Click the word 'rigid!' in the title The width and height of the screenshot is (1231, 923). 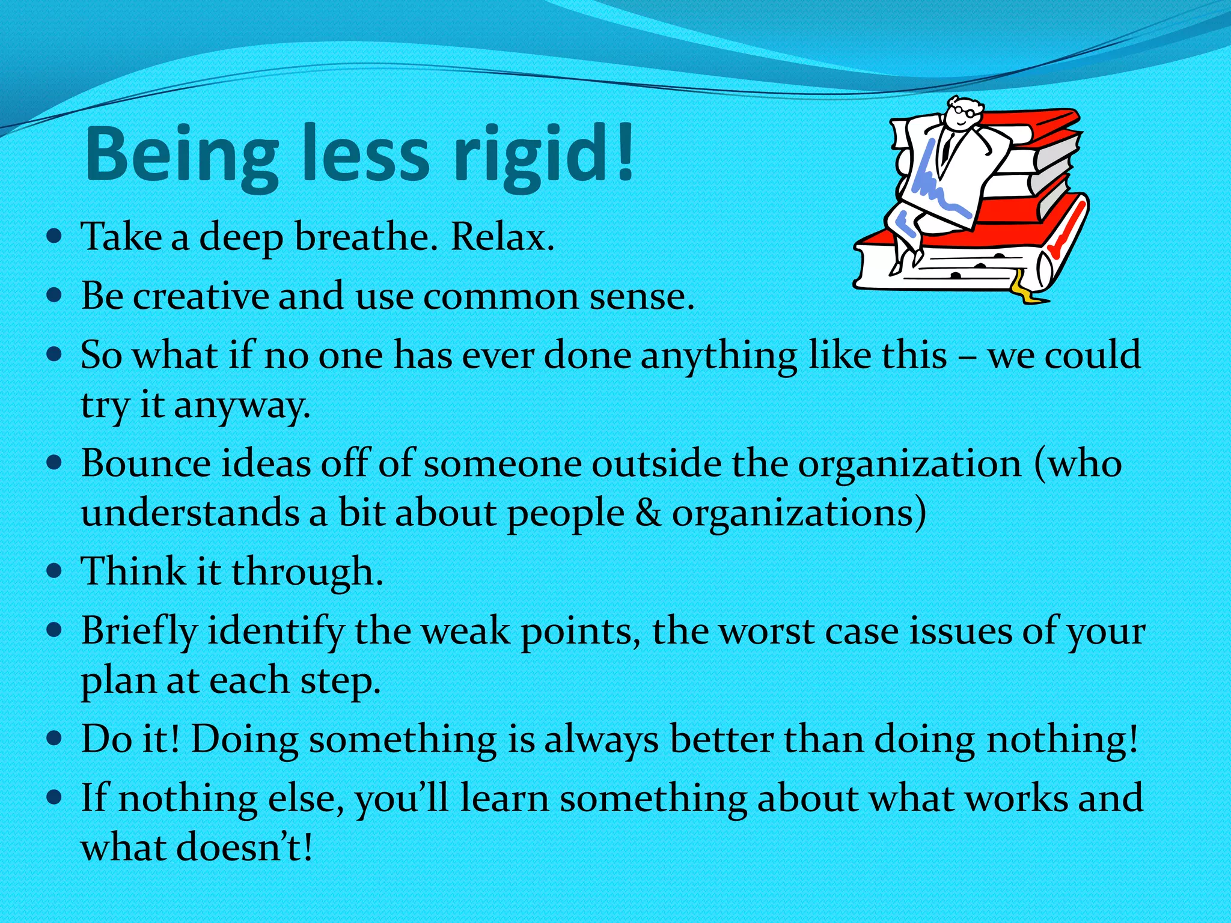(x=544, y=153)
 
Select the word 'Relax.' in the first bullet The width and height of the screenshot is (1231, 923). (x=502, y=237)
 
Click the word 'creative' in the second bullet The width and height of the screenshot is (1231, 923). (x=201, y=296)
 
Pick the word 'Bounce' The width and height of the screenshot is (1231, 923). (x=146, y=463)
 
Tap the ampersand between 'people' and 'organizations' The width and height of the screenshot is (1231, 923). (x=647, y=513)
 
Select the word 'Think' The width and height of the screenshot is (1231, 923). (x=133, y=571)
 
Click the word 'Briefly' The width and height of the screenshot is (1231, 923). (x=139, y=631)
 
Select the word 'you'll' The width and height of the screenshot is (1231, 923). (x=402, y=799)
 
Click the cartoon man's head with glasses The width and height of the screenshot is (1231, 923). (x=962, y=114)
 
